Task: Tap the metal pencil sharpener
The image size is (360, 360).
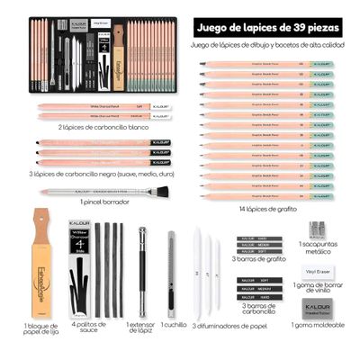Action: point(316,230)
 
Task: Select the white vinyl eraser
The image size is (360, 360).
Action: point(316,271)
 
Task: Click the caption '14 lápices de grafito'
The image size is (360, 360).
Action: point(267,210)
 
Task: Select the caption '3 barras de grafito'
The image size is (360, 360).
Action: point(258,258)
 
